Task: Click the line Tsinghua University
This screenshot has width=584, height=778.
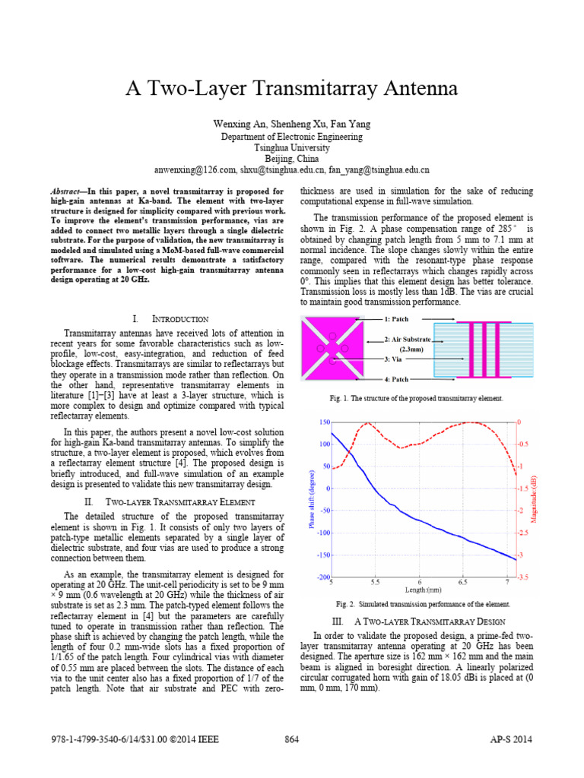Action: (x=292, y=147)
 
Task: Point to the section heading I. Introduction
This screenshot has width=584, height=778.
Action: (x=166, y=318)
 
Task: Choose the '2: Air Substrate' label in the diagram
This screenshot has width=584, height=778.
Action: (x=408, y=339)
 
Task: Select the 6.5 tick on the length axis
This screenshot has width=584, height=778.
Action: (x=463, y=582)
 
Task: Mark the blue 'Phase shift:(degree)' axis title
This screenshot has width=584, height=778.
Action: (x=311, y=499)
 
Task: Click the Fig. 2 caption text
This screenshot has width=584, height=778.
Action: (x=424, y=605)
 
